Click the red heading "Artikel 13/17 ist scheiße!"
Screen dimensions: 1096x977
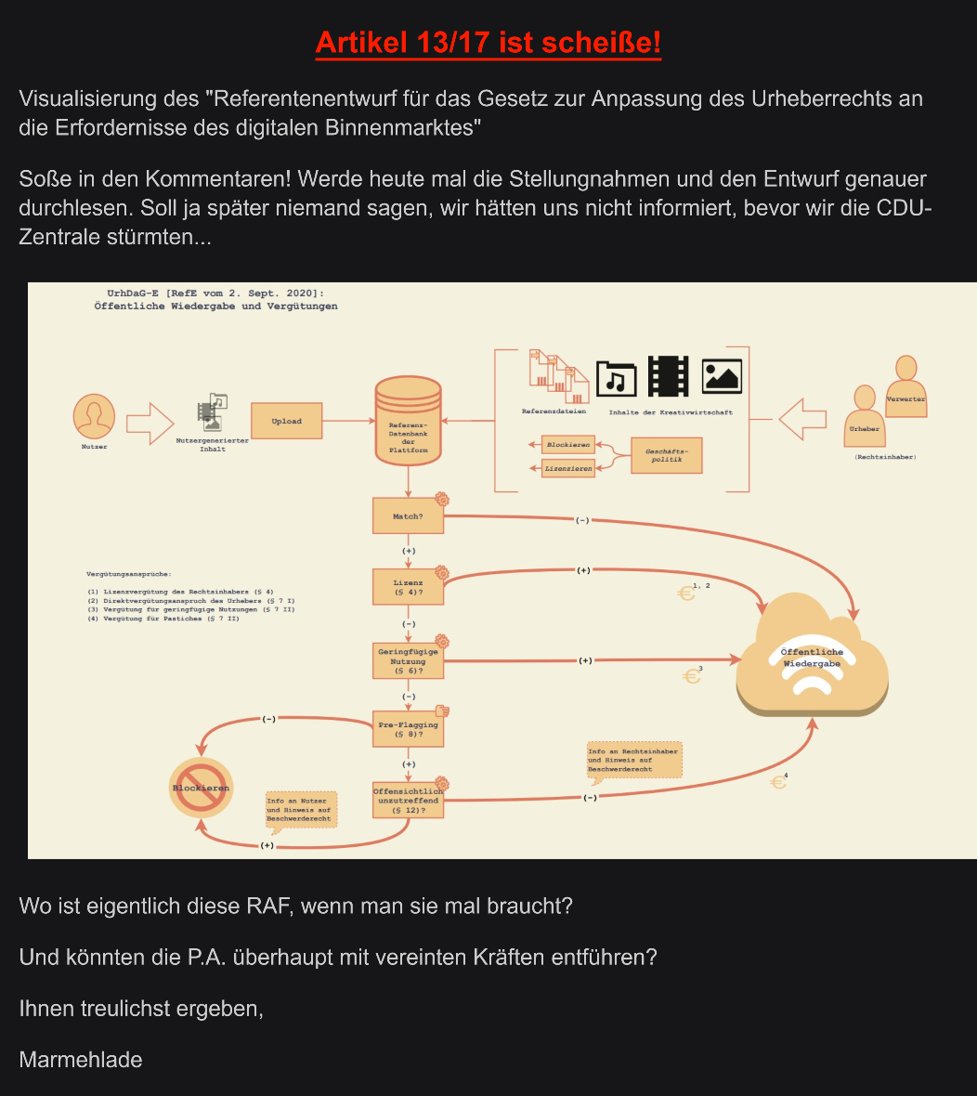click(x=488, y=43)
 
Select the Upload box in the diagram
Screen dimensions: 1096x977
click(x=286, y=422)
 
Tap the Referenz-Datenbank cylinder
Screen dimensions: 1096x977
click(x=408, y=423)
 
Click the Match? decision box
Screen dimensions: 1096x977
click(x=408, y=515)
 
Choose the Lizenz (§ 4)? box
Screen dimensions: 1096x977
click(x=409, y=587)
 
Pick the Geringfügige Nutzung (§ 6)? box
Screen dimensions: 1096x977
click(x=408, y=661)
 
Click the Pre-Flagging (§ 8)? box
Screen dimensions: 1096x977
click(x=408, y=728)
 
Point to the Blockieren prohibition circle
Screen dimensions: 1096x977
click(x=200, y=788)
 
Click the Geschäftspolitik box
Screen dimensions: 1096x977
click(x=667, y=455)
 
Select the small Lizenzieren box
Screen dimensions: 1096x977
click(x=568, y=469)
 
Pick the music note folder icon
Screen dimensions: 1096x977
click(x=616, y=378)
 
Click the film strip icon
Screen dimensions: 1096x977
click(x=669, y=376)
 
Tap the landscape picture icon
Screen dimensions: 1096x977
click(x=722, y=376)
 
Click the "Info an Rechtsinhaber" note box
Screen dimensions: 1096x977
click(x=634, y=760)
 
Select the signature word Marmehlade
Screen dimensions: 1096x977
click(x=81, y=1060)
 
